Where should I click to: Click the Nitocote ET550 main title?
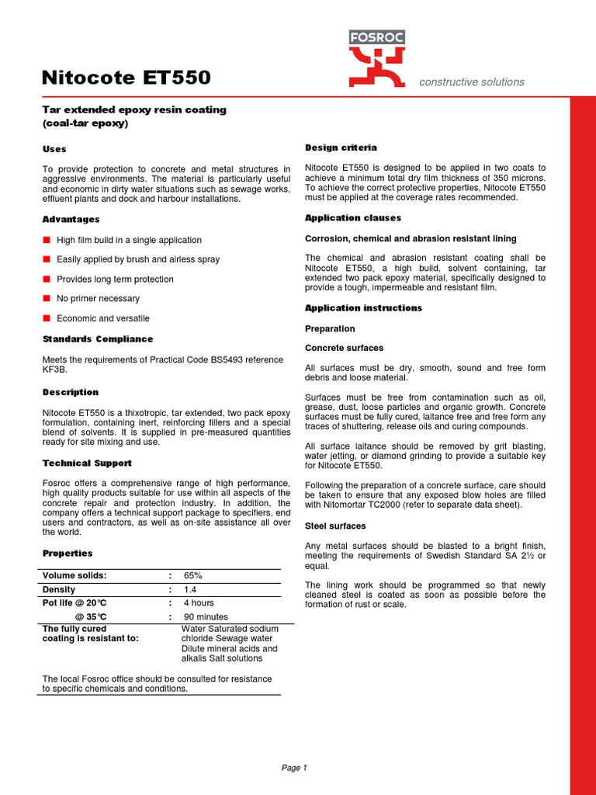[125, 78]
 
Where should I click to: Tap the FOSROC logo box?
[376, 37]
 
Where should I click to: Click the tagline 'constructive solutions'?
[472, 82]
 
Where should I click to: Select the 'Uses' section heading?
[54, 149]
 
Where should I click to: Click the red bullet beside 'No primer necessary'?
[47, 298]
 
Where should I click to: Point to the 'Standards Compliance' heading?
[97, 339]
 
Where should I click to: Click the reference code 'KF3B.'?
[56, 370]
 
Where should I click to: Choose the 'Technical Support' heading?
[87, 463]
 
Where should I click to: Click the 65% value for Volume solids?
[193, 576]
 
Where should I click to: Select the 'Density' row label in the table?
[59, 590]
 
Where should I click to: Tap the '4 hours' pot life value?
[199, 603]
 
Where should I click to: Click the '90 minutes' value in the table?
[205, 617]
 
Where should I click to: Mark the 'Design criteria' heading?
[341, 148]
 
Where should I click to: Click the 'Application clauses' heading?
[352, 218]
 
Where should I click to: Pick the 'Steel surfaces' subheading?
[335, 526]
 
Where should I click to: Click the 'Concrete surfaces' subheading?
[344, 349]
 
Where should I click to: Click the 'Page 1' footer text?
[294, 769]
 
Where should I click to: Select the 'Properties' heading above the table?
[67, 554]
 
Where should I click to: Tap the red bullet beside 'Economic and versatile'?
[47, 318]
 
